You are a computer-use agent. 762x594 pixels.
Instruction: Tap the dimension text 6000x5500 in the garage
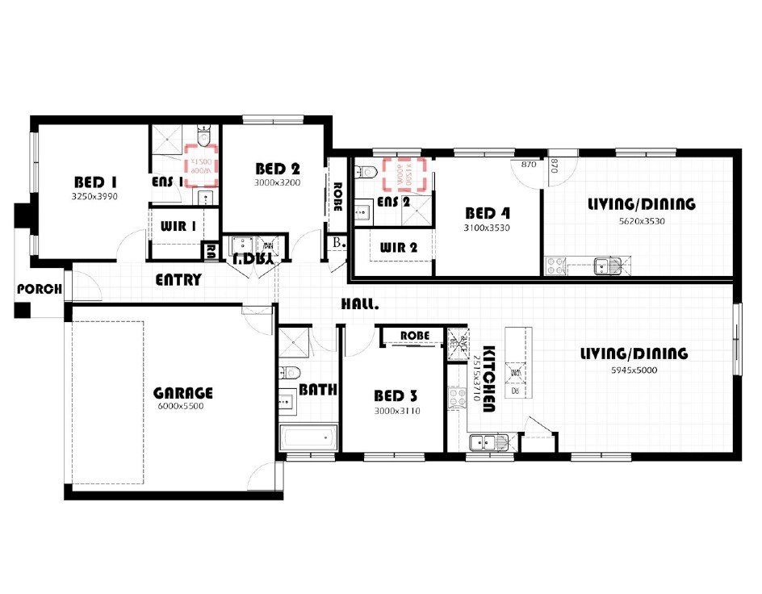[x=183, y=407]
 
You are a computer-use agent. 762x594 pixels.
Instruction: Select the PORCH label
[x=40, y=289]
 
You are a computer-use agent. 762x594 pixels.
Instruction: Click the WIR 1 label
[x=178, y=227]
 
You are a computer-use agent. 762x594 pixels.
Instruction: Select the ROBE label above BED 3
[x=413, y=335]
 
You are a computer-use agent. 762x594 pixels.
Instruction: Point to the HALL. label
[x=359, y=304]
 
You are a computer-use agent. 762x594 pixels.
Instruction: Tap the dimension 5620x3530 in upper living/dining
[x=642, y=220]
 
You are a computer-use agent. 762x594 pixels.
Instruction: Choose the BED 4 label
[x=488, y=214]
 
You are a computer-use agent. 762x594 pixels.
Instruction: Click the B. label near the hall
[x=337, y=242]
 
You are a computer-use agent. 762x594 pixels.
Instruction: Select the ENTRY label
[x=178, y=280]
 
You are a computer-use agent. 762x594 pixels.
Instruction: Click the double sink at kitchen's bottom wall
[x=486, y=441]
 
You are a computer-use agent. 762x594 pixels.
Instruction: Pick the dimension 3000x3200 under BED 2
[x=278, y=182]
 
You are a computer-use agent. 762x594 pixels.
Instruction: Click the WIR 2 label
[x=398, y=248]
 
